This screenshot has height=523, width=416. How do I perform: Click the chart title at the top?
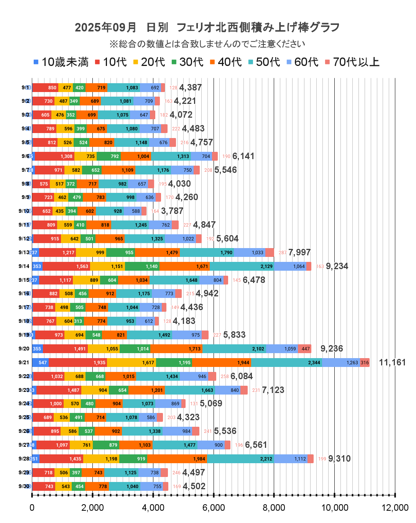point(207,27)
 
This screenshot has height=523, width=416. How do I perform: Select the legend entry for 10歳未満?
point(61,62)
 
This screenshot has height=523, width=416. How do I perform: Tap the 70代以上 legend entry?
point(352,62)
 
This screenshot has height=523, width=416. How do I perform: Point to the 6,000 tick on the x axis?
point(214,508)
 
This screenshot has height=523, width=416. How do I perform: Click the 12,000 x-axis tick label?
point(395,508)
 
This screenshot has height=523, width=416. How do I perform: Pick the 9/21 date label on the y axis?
point(24,362)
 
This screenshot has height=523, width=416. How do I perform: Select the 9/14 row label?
point(24,266)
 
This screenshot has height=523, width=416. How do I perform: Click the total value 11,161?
point(392,362)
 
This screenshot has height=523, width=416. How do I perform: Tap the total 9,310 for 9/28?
point(339,459)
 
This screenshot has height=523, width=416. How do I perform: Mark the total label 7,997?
point(299,252)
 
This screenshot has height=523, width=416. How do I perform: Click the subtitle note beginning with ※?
point(207,44)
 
